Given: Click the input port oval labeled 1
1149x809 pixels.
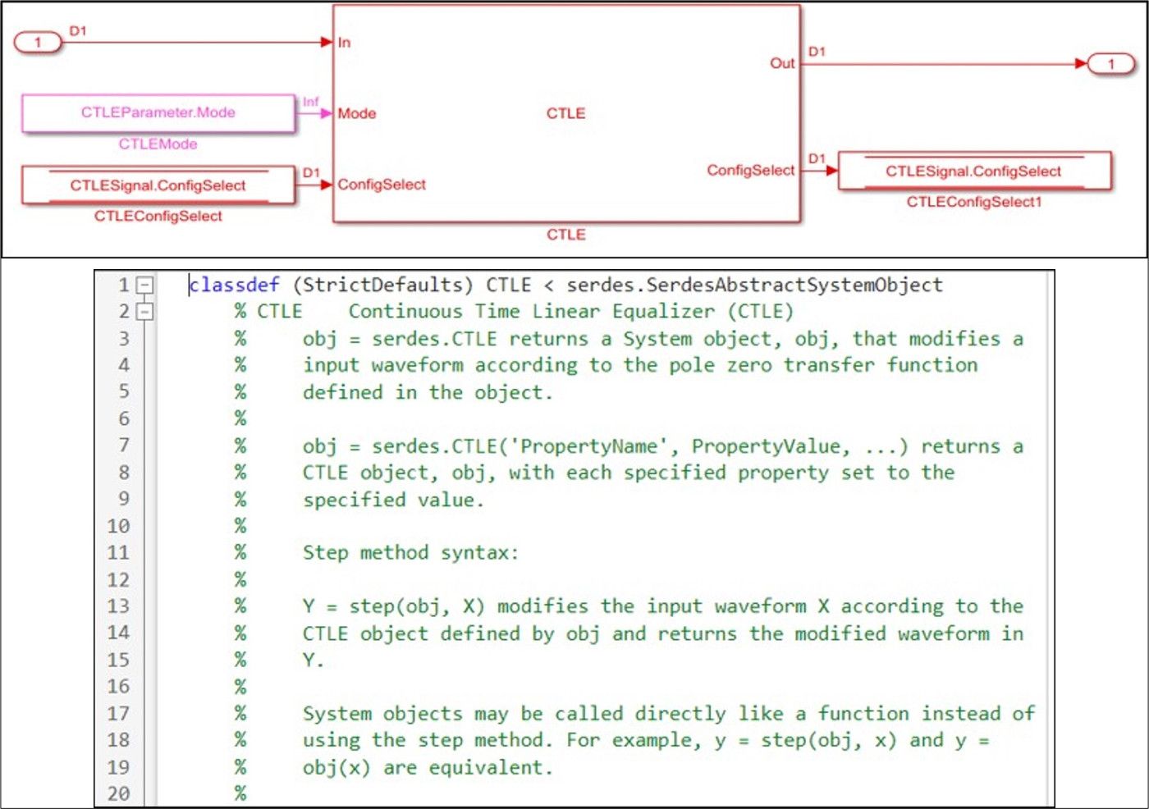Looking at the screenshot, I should [38, 42].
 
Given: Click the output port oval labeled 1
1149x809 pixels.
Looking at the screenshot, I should [1111, 63].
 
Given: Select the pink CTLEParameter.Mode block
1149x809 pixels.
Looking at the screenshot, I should [158, 112].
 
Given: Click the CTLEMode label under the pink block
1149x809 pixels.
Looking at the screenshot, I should [158, 144].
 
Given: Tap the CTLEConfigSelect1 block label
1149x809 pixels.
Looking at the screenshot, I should [973, 202].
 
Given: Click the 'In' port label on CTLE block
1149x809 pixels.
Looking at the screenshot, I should [344, 43].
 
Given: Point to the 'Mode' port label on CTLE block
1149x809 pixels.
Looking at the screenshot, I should [357, 113].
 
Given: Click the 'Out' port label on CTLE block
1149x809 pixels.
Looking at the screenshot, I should [781, 63].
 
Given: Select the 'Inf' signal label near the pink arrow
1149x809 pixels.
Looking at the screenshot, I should [310, 102].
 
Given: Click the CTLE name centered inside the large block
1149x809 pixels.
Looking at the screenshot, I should [565, 113].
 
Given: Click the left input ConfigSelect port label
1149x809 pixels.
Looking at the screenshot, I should [382, 185].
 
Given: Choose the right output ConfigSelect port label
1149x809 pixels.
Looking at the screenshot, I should [750, 170].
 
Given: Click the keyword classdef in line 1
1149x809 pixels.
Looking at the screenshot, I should [234, 285].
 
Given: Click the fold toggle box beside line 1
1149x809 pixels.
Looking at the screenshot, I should [144, 285].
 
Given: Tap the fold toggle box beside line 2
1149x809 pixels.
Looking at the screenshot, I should [144, 312].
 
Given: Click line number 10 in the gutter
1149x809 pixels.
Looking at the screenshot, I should [118, 526].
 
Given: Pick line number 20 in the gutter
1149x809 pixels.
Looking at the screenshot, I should [118, 793].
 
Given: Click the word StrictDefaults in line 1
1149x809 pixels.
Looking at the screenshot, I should [382, 285].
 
